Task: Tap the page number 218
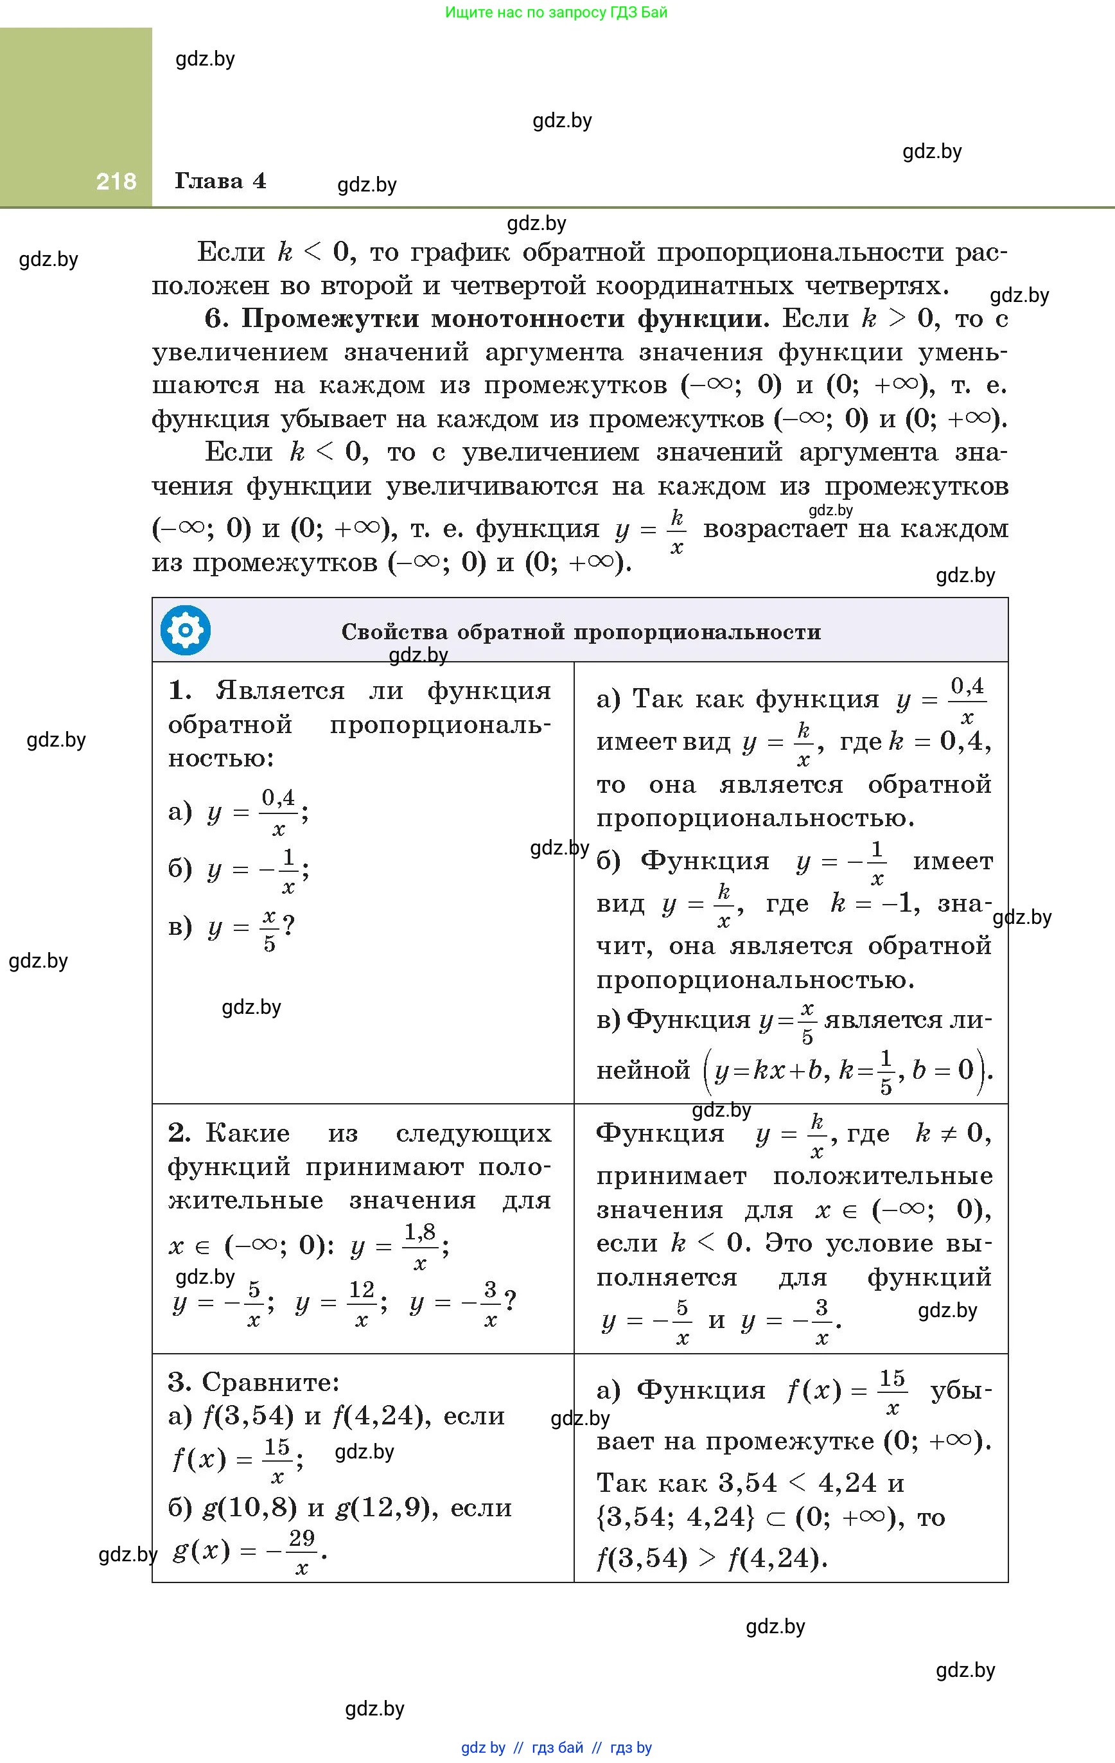coord(116,181)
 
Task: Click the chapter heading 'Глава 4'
coord(220,181)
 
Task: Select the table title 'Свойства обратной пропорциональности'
coord(581,632)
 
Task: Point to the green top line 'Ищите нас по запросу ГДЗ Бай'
coord(556,12)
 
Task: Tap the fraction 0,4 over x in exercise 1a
coord(279,812)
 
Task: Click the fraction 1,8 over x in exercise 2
coord(420,1246)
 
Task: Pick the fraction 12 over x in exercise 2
coord(362,1303)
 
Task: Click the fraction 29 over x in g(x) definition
coord(301,1551)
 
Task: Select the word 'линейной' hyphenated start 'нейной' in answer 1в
coord(643,1070)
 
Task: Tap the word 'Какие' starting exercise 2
coord(247,1133)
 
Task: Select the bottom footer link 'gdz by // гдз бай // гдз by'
coord(556,1748)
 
